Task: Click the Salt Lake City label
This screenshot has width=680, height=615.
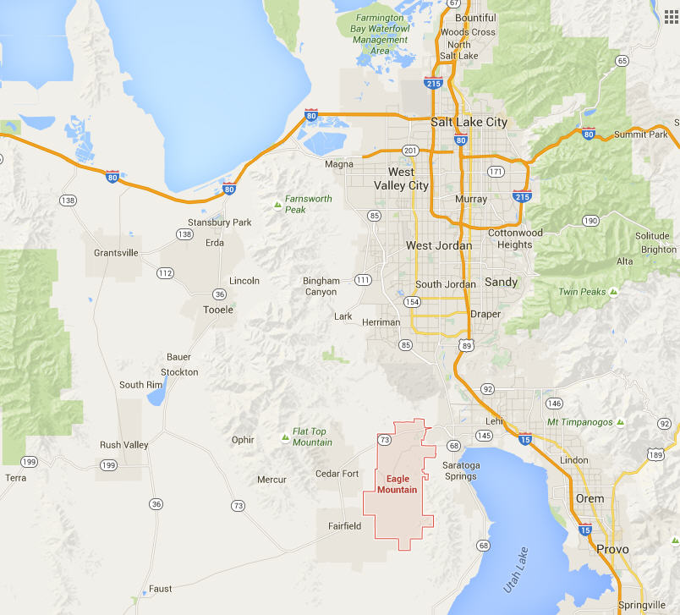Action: coord(469,122)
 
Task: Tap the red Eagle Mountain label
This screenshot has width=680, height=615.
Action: coord(397,484)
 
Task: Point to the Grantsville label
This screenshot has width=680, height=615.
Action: coord(116,253)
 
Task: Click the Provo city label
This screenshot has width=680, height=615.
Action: coord(612,549)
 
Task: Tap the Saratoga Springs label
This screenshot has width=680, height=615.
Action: coord(461,471)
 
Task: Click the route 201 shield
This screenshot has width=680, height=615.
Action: coord(411,151)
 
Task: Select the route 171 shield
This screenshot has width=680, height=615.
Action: coord(496,172)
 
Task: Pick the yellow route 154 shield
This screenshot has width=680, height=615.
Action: coord(413,302)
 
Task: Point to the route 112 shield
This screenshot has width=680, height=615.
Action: coord(165,273)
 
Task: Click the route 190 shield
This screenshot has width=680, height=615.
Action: coord(590,221)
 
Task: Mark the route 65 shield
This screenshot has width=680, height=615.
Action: coord(622,60)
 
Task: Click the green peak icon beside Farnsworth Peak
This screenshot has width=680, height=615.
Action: coord(277,204)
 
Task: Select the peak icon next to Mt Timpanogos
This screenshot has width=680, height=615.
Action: coord(620,421)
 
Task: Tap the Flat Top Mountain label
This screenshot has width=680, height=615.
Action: coord(312,437)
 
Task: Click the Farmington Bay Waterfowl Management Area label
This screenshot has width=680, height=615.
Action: coord(381,34)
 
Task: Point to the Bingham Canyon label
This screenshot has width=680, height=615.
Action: coord(321,286)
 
